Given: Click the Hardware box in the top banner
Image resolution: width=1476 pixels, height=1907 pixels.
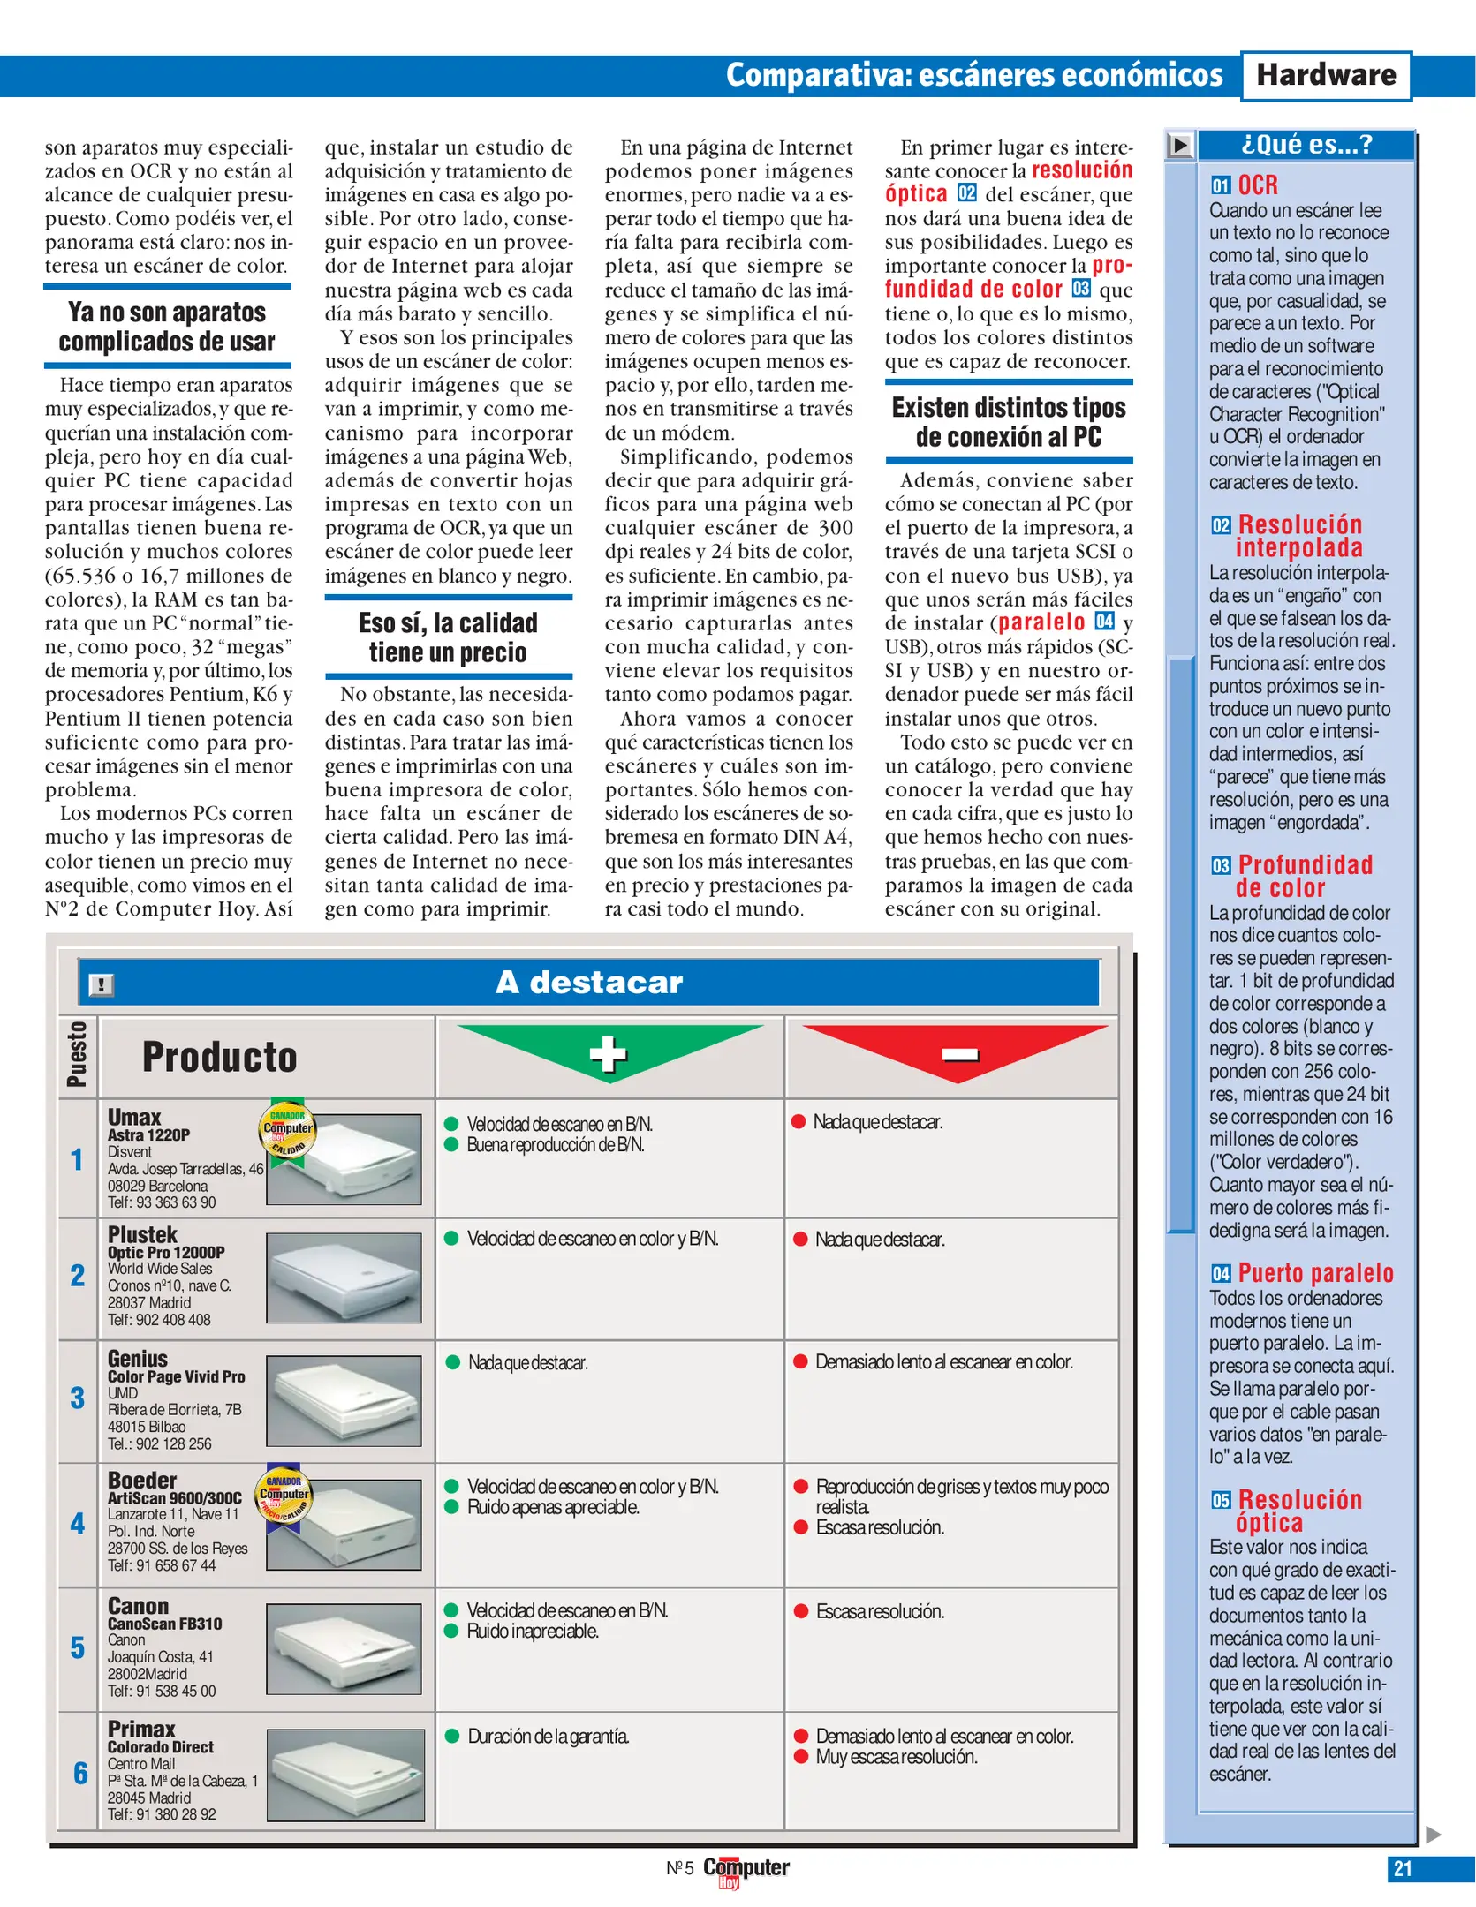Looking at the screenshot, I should [x=1325, y=76].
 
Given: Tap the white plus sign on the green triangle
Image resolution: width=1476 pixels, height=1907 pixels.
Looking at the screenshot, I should [x=608, y=1052].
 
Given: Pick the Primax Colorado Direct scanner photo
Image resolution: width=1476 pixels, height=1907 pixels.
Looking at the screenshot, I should [x=345, y=1775].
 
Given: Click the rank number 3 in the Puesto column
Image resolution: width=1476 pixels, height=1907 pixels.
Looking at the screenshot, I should [x=78, y=1398].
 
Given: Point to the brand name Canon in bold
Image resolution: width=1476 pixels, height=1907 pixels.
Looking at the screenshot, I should [x=138, y=1606].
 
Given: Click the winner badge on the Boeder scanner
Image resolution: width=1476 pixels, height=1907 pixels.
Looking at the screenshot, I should [x=284, y=1495].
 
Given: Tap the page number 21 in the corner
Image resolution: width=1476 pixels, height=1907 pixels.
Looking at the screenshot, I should [x=1402, y=1868].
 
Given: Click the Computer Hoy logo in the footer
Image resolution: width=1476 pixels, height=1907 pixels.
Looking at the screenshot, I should [x=745, y=1870].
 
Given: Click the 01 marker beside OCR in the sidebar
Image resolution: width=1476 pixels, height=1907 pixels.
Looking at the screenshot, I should [x=1220, y=185].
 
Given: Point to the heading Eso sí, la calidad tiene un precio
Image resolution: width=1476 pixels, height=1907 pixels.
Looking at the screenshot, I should [x=448, y=637].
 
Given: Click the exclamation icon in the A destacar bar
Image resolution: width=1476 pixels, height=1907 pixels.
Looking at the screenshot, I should [x=102, y=984].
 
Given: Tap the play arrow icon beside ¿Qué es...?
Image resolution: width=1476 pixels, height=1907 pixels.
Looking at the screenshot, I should [x=1179, y=145].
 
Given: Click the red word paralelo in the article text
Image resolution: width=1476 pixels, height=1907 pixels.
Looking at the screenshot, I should [x=1041, y=622].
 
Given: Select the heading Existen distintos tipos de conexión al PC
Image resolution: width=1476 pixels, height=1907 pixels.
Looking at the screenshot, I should [x=1008, y=422].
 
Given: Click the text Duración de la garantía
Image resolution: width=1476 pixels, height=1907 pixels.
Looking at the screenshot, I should [x=548, y=1737].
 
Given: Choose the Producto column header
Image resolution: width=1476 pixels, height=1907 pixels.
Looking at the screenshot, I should [x=219, y=1057].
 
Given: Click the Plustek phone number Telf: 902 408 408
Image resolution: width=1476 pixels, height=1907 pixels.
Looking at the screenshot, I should [x=159, y=1320].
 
